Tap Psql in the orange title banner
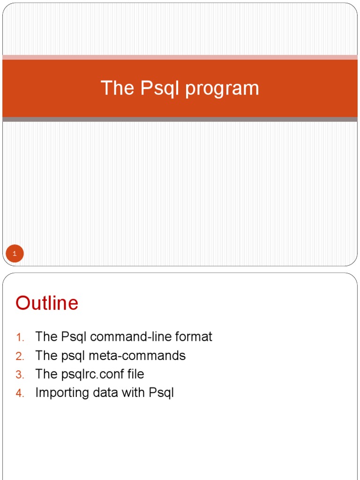159,89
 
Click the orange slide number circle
15,254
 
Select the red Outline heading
47,303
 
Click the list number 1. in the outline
20,337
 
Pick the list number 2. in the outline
20,356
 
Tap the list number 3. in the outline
20,375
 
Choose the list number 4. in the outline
20,393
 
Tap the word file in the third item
135,374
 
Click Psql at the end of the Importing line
161,393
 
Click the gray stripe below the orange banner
180,120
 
